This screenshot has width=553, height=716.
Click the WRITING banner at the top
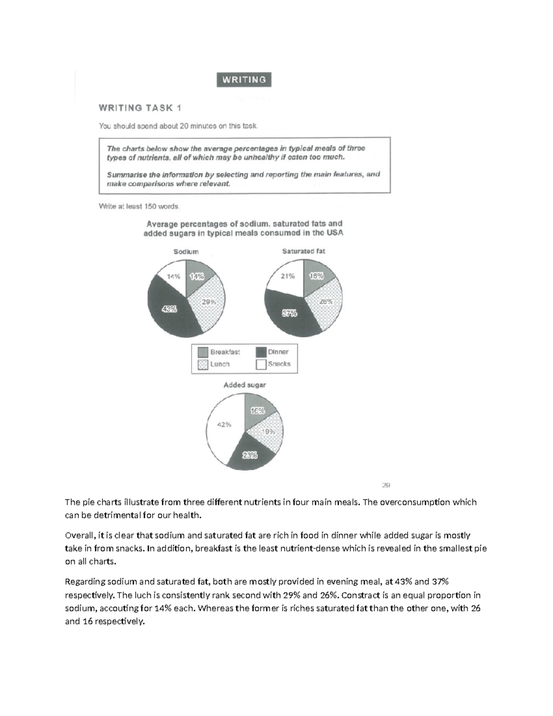[244, 80]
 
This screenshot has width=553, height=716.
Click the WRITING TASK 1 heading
[140, 108]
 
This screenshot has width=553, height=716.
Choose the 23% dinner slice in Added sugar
[250, 455]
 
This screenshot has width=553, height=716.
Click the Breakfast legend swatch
[203, 352]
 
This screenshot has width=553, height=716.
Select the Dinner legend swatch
[261, 352]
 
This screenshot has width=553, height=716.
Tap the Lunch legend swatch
[203, 364]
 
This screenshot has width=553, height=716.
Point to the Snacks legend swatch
[261, 364]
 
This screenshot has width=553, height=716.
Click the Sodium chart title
[186, 252]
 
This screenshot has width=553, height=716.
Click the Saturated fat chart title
[303, 251]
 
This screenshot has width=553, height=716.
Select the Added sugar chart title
[244, 385]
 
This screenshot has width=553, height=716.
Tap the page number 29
[386, 485]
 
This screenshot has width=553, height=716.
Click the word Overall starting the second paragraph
[80, 536]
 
